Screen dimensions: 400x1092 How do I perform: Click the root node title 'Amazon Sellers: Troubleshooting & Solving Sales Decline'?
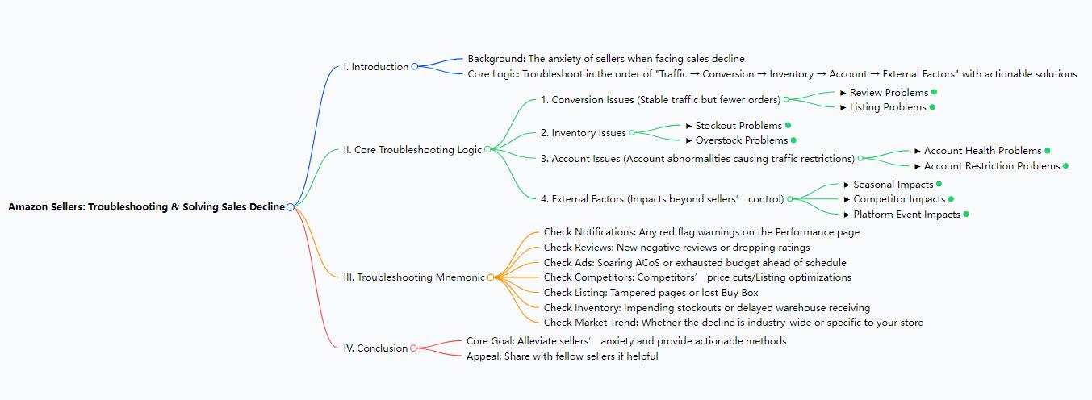pos(146,207)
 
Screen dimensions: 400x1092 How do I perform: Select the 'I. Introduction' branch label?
pos(375,67)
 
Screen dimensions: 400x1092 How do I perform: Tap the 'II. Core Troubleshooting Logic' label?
pos(412,149)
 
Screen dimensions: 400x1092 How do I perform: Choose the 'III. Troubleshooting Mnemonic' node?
pos(414,277)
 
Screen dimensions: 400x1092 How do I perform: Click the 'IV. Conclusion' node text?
pos(375,348)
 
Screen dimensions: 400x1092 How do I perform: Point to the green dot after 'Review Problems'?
pos(934,92)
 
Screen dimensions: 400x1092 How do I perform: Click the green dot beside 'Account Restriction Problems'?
pos(1065,166)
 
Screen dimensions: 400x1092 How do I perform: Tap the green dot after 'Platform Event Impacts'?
pos(966,215)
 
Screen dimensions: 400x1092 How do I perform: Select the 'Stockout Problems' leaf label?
pos(738,126)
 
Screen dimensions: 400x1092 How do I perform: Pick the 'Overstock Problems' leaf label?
pos(741,140)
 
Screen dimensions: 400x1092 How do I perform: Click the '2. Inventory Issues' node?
pos(583,133)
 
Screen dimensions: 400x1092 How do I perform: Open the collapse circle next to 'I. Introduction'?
pos(415,67)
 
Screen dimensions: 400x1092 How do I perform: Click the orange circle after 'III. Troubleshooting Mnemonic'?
pos(491,277)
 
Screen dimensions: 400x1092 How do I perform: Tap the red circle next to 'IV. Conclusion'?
pos(414,348)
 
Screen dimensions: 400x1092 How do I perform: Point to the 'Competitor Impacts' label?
pos(899,199)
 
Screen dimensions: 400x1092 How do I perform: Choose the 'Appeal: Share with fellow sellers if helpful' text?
pos(562,356)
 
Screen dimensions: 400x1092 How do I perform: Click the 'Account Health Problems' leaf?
pos(981,151)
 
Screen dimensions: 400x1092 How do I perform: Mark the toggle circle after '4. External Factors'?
pos(790,199)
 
